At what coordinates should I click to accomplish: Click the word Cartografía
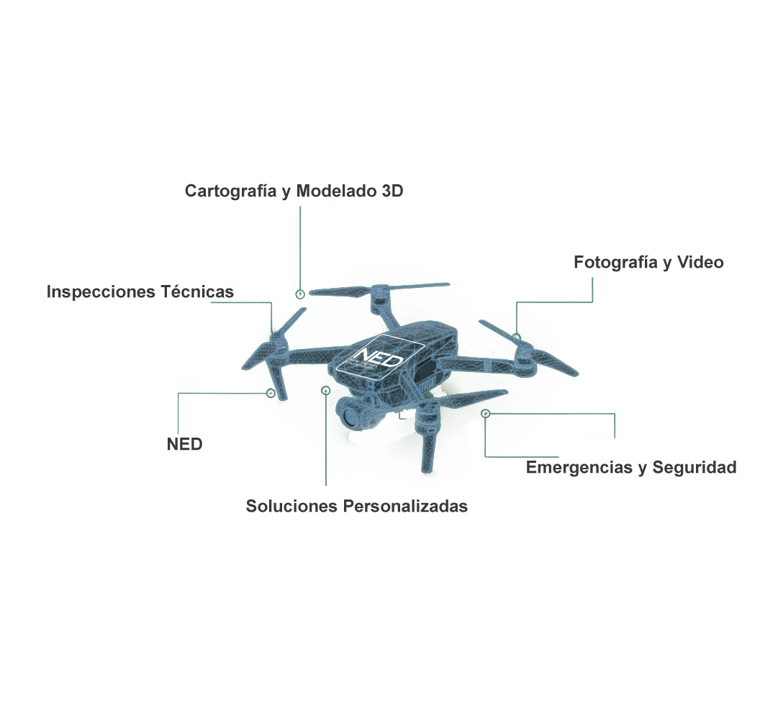pos(228,191)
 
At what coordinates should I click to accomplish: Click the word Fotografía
pos(616,263)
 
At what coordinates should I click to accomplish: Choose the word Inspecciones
pos(101,292)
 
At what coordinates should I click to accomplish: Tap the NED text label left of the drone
pos(184,444)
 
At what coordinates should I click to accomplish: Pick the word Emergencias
pos(579,468)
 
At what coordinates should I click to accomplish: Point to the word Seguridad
pos(695,468)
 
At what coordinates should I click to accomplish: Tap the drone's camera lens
pos(350,415)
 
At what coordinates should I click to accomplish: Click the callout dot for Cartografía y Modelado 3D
pos(300,294)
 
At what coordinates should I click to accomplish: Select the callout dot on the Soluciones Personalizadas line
pos(325,390)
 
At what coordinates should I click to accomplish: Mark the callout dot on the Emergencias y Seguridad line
pos(486,414)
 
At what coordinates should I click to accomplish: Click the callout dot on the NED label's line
pos(270,393)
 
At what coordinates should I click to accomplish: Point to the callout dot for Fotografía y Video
pos(517,337)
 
